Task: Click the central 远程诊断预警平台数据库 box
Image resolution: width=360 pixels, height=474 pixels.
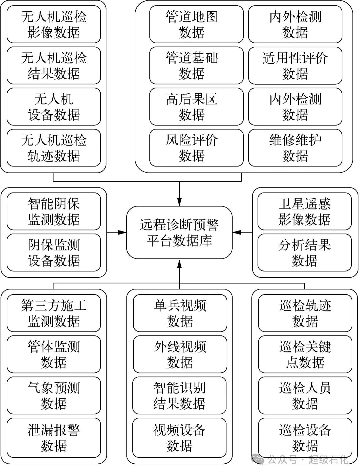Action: (179, 232)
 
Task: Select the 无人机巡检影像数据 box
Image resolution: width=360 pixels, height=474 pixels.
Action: (54, 24)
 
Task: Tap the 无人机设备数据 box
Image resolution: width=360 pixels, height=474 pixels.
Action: (54, 107)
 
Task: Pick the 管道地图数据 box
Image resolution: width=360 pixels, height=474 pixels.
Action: (196, 24)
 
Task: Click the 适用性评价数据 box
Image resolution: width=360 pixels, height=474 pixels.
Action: (295, 66)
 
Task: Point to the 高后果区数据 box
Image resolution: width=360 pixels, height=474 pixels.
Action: (196, 107)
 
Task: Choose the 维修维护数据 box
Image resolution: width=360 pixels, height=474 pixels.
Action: (295, 148)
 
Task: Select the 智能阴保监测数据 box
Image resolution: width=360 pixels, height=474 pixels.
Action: (54, 211)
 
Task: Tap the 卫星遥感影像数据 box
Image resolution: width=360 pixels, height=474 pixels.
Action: (304, 211)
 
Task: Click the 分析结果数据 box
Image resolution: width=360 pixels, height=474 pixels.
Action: (304, 252)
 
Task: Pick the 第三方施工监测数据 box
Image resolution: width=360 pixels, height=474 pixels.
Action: (54, 313)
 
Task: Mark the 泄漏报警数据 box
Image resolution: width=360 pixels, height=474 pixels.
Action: (54, 437)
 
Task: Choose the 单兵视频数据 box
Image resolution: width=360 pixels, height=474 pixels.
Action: (180, 313)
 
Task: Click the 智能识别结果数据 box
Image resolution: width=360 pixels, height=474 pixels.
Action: (180, 396)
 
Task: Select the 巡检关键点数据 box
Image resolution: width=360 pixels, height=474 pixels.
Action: (305, 354)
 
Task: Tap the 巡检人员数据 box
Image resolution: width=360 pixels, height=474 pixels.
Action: (305, 396)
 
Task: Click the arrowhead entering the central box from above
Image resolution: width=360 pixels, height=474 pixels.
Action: (179, 202)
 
